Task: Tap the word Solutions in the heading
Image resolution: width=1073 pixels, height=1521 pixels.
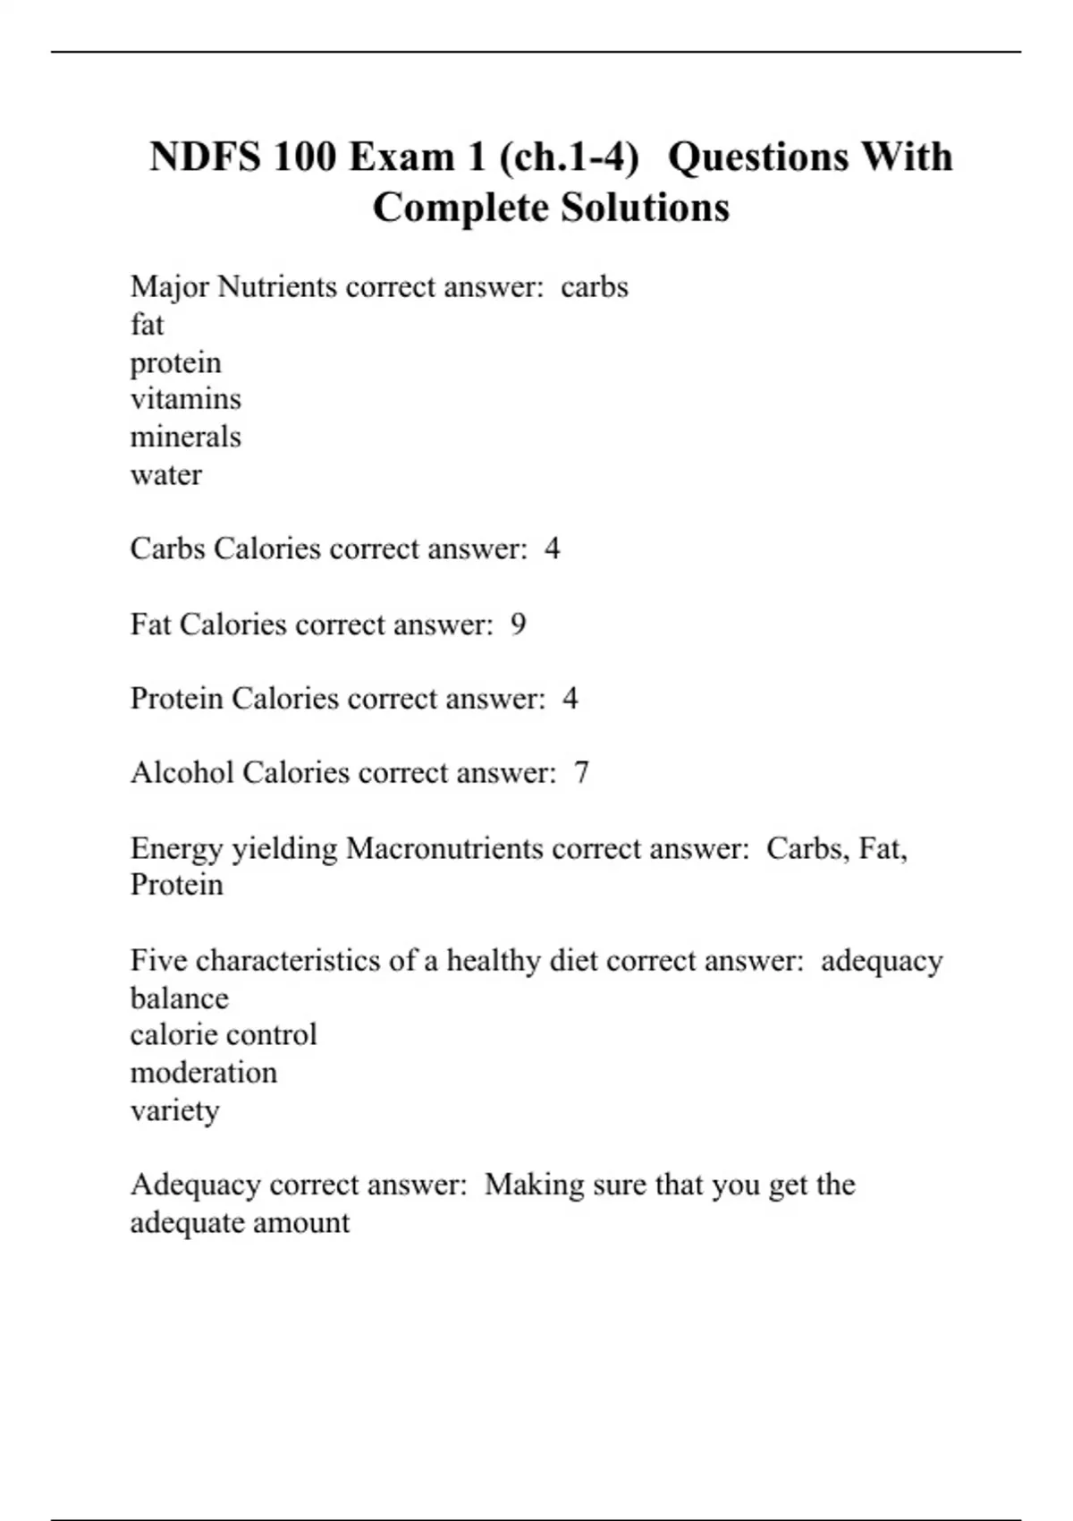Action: coord(645,208)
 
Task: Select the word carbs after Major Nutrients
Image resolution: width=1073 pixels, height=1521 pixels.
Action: coord(595,287)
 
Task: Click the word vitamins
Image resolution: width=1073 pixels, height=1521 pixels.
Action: coord(185,399)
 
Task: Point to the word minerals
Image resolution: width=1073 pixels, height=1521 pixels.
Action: coord(185,437)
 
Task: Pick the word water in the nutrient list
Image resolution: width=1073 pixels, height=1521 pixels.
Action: coord(165,475)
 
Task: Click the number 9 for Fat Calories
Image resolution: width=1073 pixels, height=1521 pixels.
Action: coord(518,625)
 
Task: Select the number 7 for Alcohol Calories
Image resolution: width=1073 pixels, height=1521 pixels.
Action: coord(581,773)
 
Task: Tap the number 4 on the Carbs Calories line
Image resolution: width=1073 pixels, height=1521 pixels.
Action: coord(552,548)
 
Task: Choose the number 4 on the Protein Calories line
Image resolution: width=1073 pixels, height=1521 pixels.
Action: coord(570,699)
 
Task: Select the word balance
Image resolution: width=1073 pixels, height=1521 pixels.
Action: coord(179,998)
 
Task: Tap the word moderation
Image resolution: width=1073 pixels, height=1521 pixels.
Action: coord(203,1073)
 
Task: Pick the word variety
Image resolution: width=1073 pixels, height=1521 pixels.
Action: coord(174,1111)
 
